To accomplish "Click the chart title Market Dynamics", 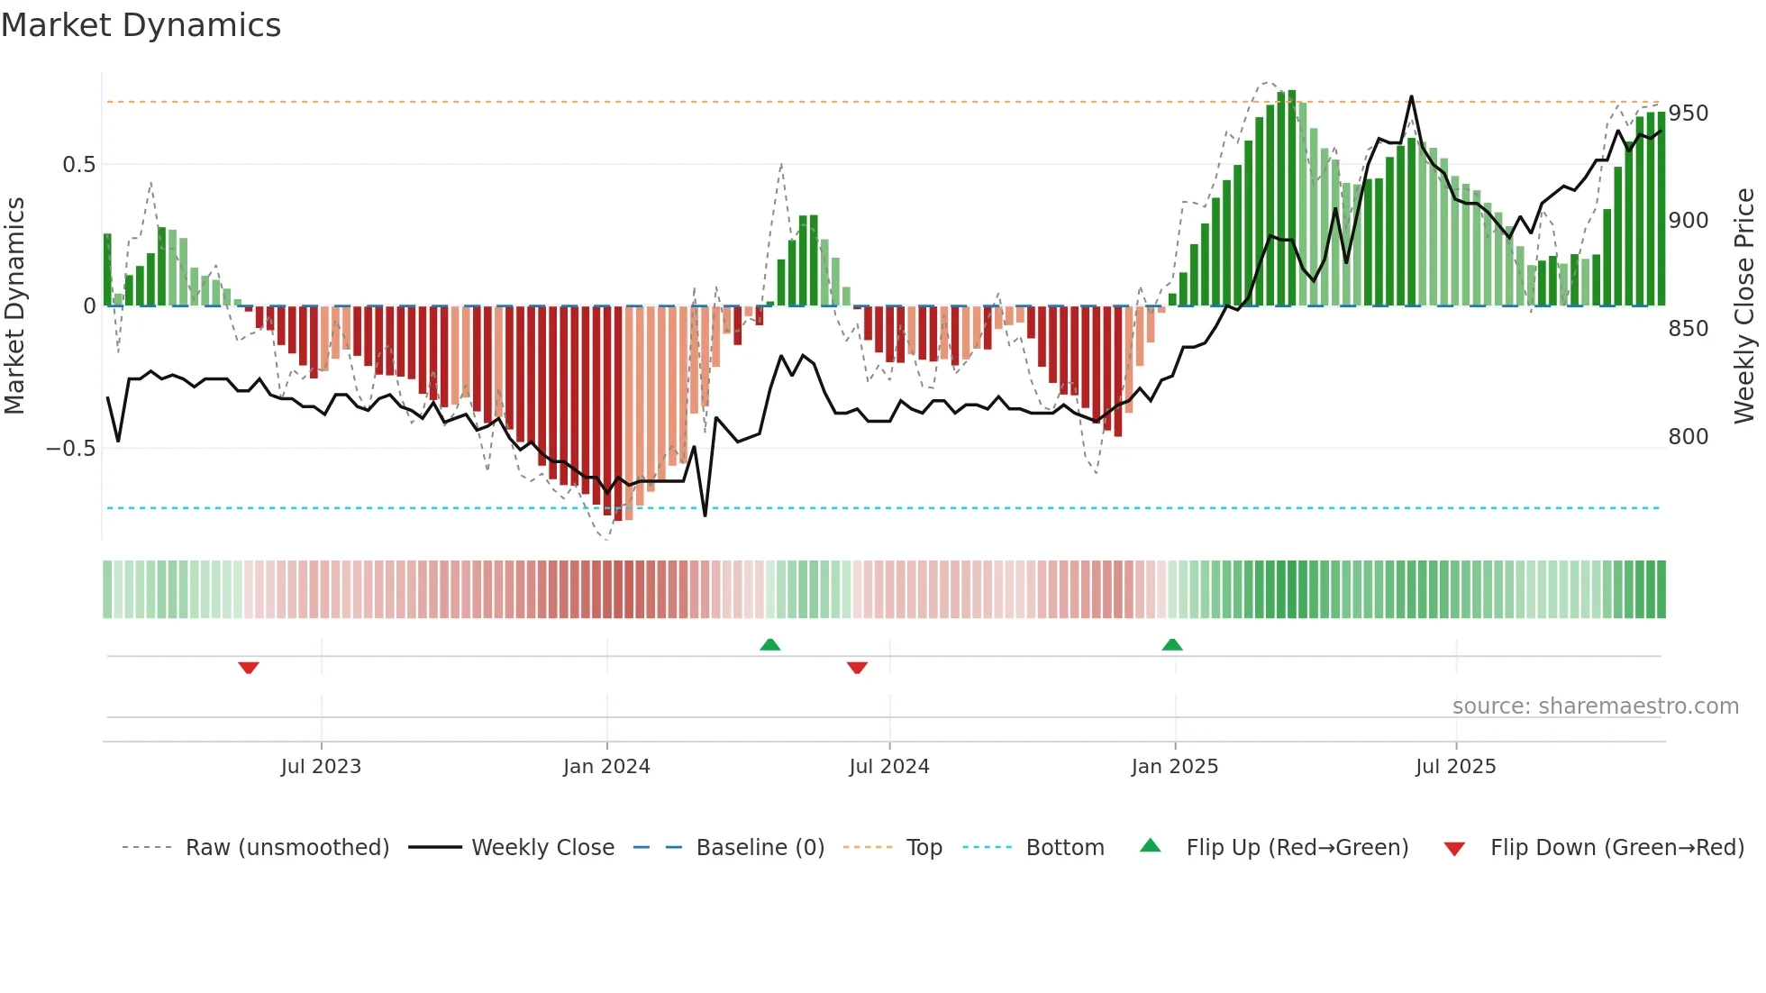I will tap(141, 25).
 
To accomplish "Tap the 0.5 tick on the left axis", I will tap(78, 164).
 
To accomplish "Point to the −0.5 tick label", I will tap(71, 448).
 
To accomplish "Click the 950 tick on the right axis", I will tap(1688, 114).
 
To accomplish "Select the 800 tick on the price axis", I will tap(1688, 437).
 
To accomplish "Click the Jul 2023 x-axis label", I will tap(321, 767).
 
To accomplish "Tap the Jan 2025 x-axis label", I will tap(1174, 767).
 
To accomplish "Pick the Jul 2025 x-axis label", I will tap(1455, 767).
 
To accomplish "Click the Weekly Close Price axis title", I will tap(1744, 306).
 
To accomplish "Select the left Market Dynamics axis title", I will tap(14, 306).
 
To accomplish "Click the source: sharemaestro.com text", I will tap(1595, 706).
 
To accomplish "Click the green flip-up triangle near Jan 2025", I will tap(1172, 644).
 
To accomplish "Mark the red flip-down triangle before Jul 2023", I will tap(249, 668).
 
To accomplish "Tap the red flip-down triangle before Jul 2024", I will tap(857, 668).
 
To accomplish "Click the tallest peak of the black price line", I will tap(1411, 97).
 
